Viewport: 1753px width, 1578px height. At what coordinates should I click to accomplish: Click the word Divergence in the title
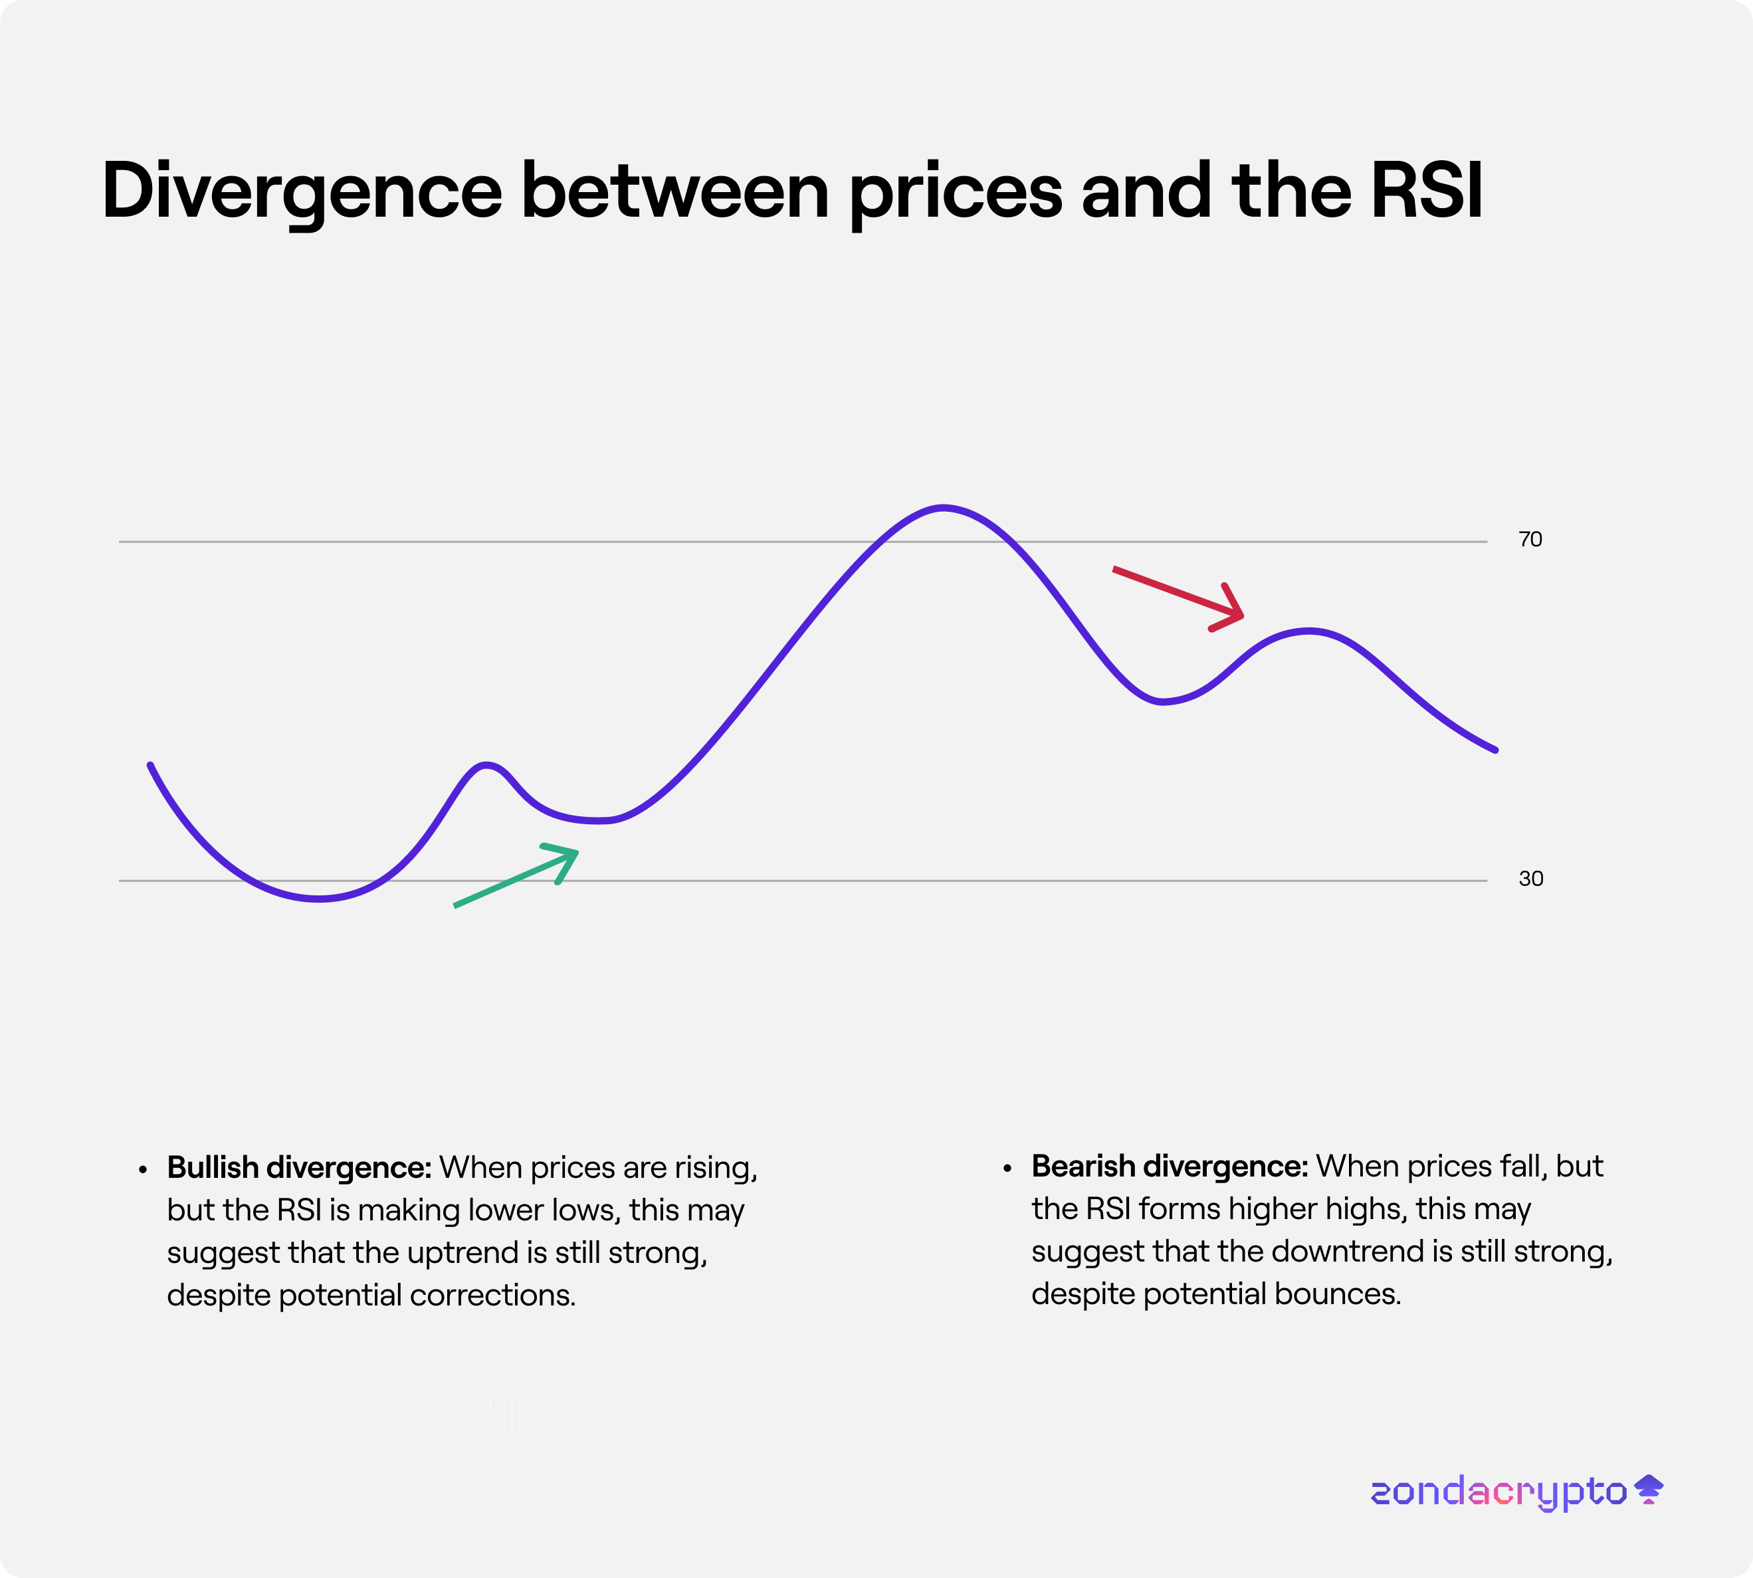coord(302,191)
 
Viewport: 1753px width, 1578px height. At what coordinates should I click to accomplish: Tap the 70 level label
coord(1530,539)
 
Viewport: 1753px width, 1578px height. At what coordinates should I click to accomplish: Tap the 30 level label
coord(1531,878)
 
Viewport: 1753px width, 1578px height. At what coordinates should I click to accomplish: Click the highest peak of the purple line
coord(942,507)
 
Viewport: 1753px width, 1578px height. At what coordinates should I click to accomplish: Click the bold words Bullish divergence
coord(299,1167)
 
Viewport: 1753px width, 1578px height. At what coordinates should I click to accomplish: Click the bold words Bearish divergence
coord(1170,1166)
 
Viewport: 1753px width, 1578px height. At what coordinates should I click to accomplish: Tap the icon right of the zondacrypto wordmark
coord(1648,1489)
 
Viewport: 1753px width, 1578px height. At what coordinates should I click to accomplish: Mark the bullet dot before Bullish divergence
coord(143,1171)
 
